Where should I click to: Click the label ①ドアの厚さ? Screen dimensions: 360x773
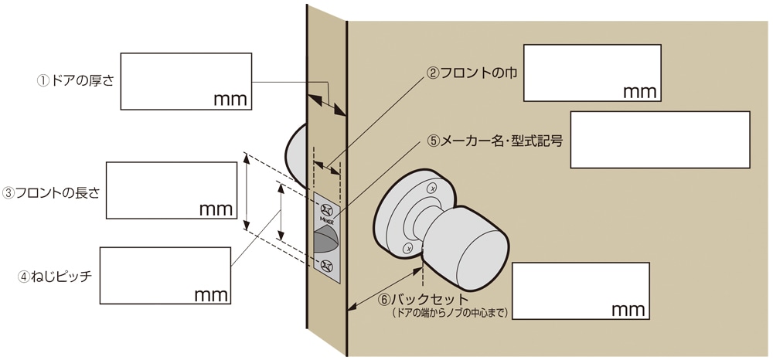point(76,80)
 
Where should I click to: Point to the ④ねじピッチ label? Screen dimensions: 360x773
point(55,275)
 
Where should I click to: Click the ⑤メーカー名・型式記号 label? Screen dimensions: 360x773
point(495,141)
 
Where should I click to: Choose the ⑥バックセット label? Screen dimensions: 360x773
point(423,299)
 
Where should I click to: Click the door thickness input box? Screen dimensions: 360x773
point(186,80)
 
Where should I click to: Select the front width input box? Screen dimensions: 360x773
point(592,73)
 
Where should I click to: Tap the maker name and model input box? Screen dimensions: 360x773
point(660,140)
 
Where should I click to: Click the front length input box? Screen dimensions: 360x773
point(171,190)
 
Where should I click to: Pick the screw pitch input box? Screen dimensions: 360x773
point(165,275)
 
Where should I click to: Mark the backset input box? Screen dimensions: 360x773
point(581,290)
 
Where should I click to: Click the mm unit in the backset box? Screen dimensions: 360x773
point(628,310)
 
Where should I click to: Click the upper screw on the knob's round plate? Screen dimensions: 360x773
point(432,187)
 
